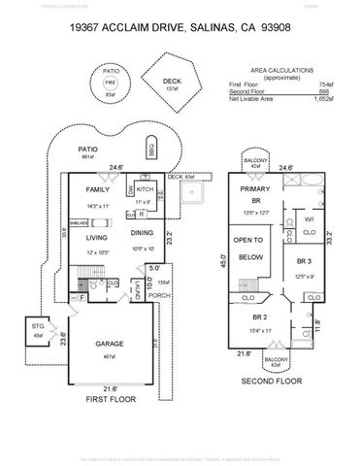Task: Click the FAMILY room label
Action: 97,190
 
